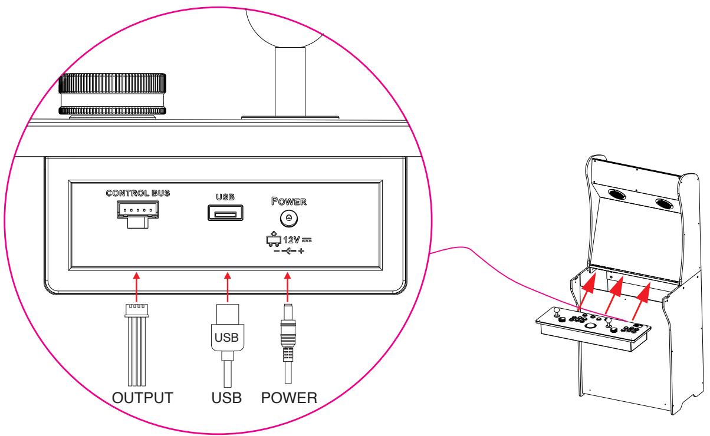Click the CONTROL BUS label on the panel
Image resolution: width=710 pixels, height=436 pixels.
[x=138, y=193]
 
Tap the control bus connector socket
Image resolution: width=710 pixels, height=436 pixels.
[x=137, y=214]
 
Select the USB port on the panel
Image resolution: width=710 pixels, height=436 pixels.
[x=225, y=213]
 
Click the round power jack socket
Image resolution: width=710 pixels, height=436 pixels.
[x=289, y=218]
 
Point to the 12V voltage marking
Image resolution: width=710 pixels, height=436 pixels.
[x=291, y=240]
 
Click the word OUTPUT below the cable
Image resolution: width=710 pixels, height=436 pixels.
[x=143, y=398]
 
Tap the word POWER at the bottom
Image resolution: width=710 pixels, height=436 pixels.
[x=289, y=398]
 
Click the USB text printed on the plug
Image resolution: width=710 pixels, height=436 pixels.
[x=226, y=338]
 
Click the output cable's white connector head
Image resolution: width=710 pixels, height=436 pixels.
[x=137, y=311]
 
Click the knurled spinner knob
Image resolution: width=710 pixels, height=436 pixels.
[x=112, y=94]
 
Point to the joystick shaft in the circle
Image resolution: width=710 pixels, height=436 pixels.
[x=290, y=82]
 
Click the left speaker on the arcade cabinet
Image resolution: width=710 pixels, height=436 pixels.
[x=617, y=193]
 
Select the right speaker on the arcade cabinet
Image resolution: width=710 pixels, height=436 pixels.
[x=665, y=204]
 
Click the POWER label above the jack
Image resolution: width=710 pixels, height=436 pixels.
[x=289, y=202]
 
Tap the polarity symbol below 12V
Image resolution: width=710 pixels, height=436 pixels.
[x=288, y=251]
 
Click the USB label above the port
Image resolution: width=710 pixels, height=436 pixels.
[x=225, y=197]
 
